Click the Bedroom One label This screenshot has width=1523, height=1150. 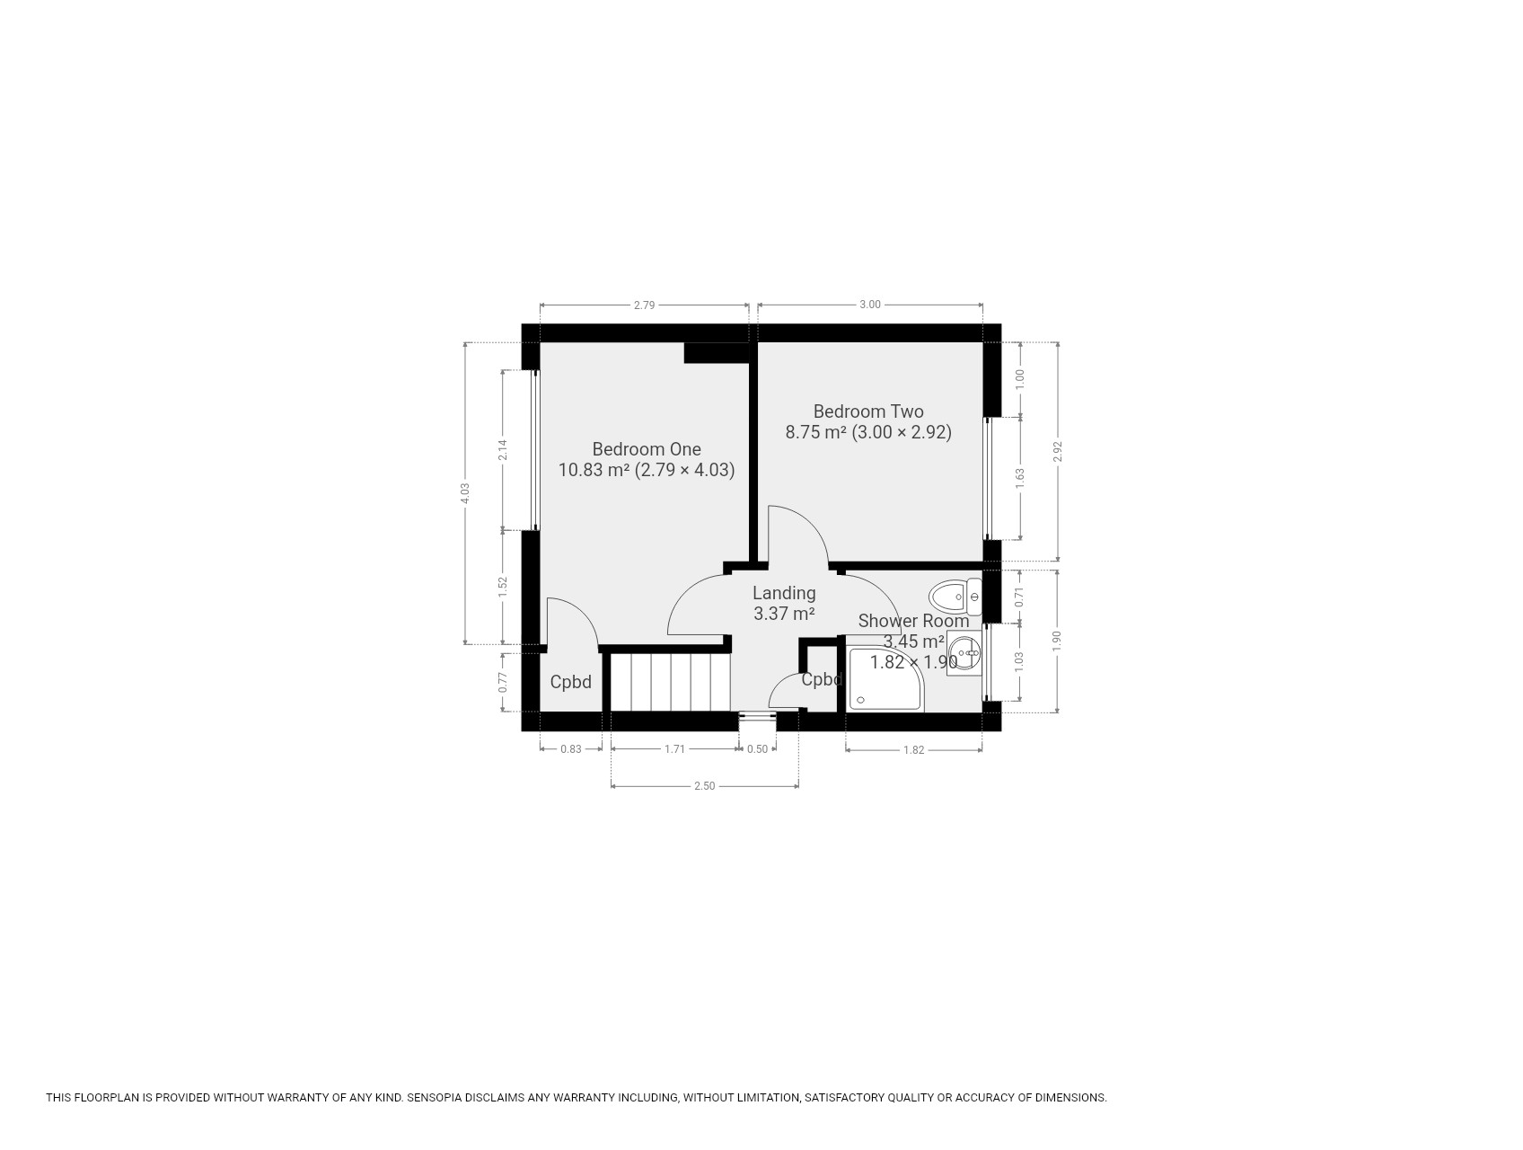(647, 449)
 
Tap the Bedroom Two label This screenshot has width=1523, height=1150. (868, 411)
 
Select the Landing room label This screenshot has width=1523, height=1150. (784, 593)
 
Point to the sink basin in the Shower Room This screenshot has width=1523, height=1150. (964, 651)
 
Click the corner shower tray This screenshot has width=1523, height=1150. (885, 678)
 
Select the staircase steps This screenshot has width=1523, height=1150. (670, 682)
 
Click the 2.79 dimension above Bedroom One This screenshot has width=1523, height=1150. (644, 305)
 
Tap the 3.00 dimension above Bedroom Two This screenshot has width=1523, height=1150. (870, 305)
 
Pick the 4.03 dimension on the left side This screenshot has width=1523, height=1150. (465, 493)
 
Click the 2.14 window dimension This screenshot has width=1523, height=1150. (503, 449)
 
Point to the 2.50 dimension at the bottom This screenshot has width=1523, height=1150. (705, 786)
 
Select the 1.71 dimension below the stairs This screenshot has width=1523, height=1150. (674, 749)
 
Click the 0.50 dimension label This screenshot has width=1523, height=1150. (758, 749)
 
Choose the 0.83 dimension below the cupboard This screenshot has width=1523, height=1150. (571, 749)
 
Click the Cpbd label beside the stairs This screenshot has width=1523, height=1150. (571, 682)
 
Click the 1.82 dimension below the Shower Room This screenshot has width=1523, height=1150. (913, 750)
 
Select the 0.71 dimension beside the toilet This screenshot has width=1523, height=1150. (1019, 597)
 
